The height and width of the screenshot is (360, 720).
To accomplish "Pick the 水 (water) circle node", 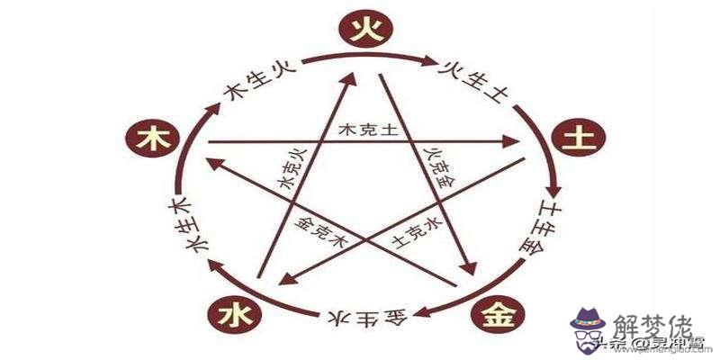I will pos(230,315).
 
